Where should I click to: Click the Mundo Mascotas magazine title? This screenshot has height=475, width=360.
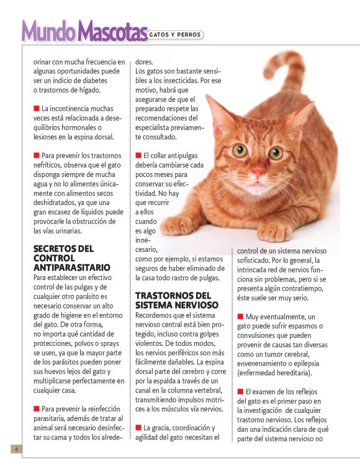(x=84, y=30)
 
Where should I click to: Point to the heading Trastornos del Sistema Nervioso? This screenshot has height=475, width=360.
(x=177, y=301)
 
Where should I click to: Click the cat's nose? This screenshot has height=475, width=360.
(x=258, y=170)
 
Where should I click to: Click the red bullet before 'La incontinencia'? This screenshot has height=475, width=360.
(x=37, y=108)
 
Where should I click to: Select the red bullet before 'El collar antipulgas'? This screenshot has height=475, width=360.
(x=138, y=155)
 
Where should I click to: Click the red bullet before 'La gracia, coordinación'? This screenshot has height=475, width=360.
(x=138, y=428)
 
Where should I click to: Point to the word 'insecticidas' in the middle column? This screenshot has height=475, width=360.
(x=199, y=80)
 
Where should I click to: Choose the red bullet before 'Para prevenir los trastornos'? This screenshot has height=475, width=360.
(x=37, y=155)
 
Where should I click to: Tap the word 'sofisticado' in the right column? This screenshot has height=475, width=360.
(x=257, y=260)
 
